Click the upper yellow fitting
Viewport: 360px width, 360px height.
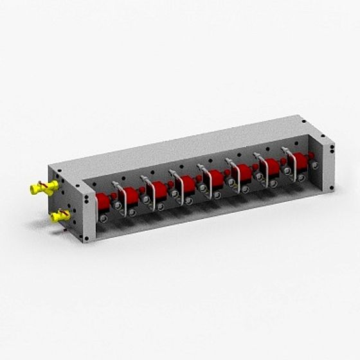pyautogui.click(x=43, y=188)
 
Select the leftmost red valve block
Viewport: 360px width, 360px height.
pyautogui.click(x=104, y=202)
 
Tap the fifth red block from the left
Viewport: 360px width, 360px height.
pyautogui.click(x=217, y=178)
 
